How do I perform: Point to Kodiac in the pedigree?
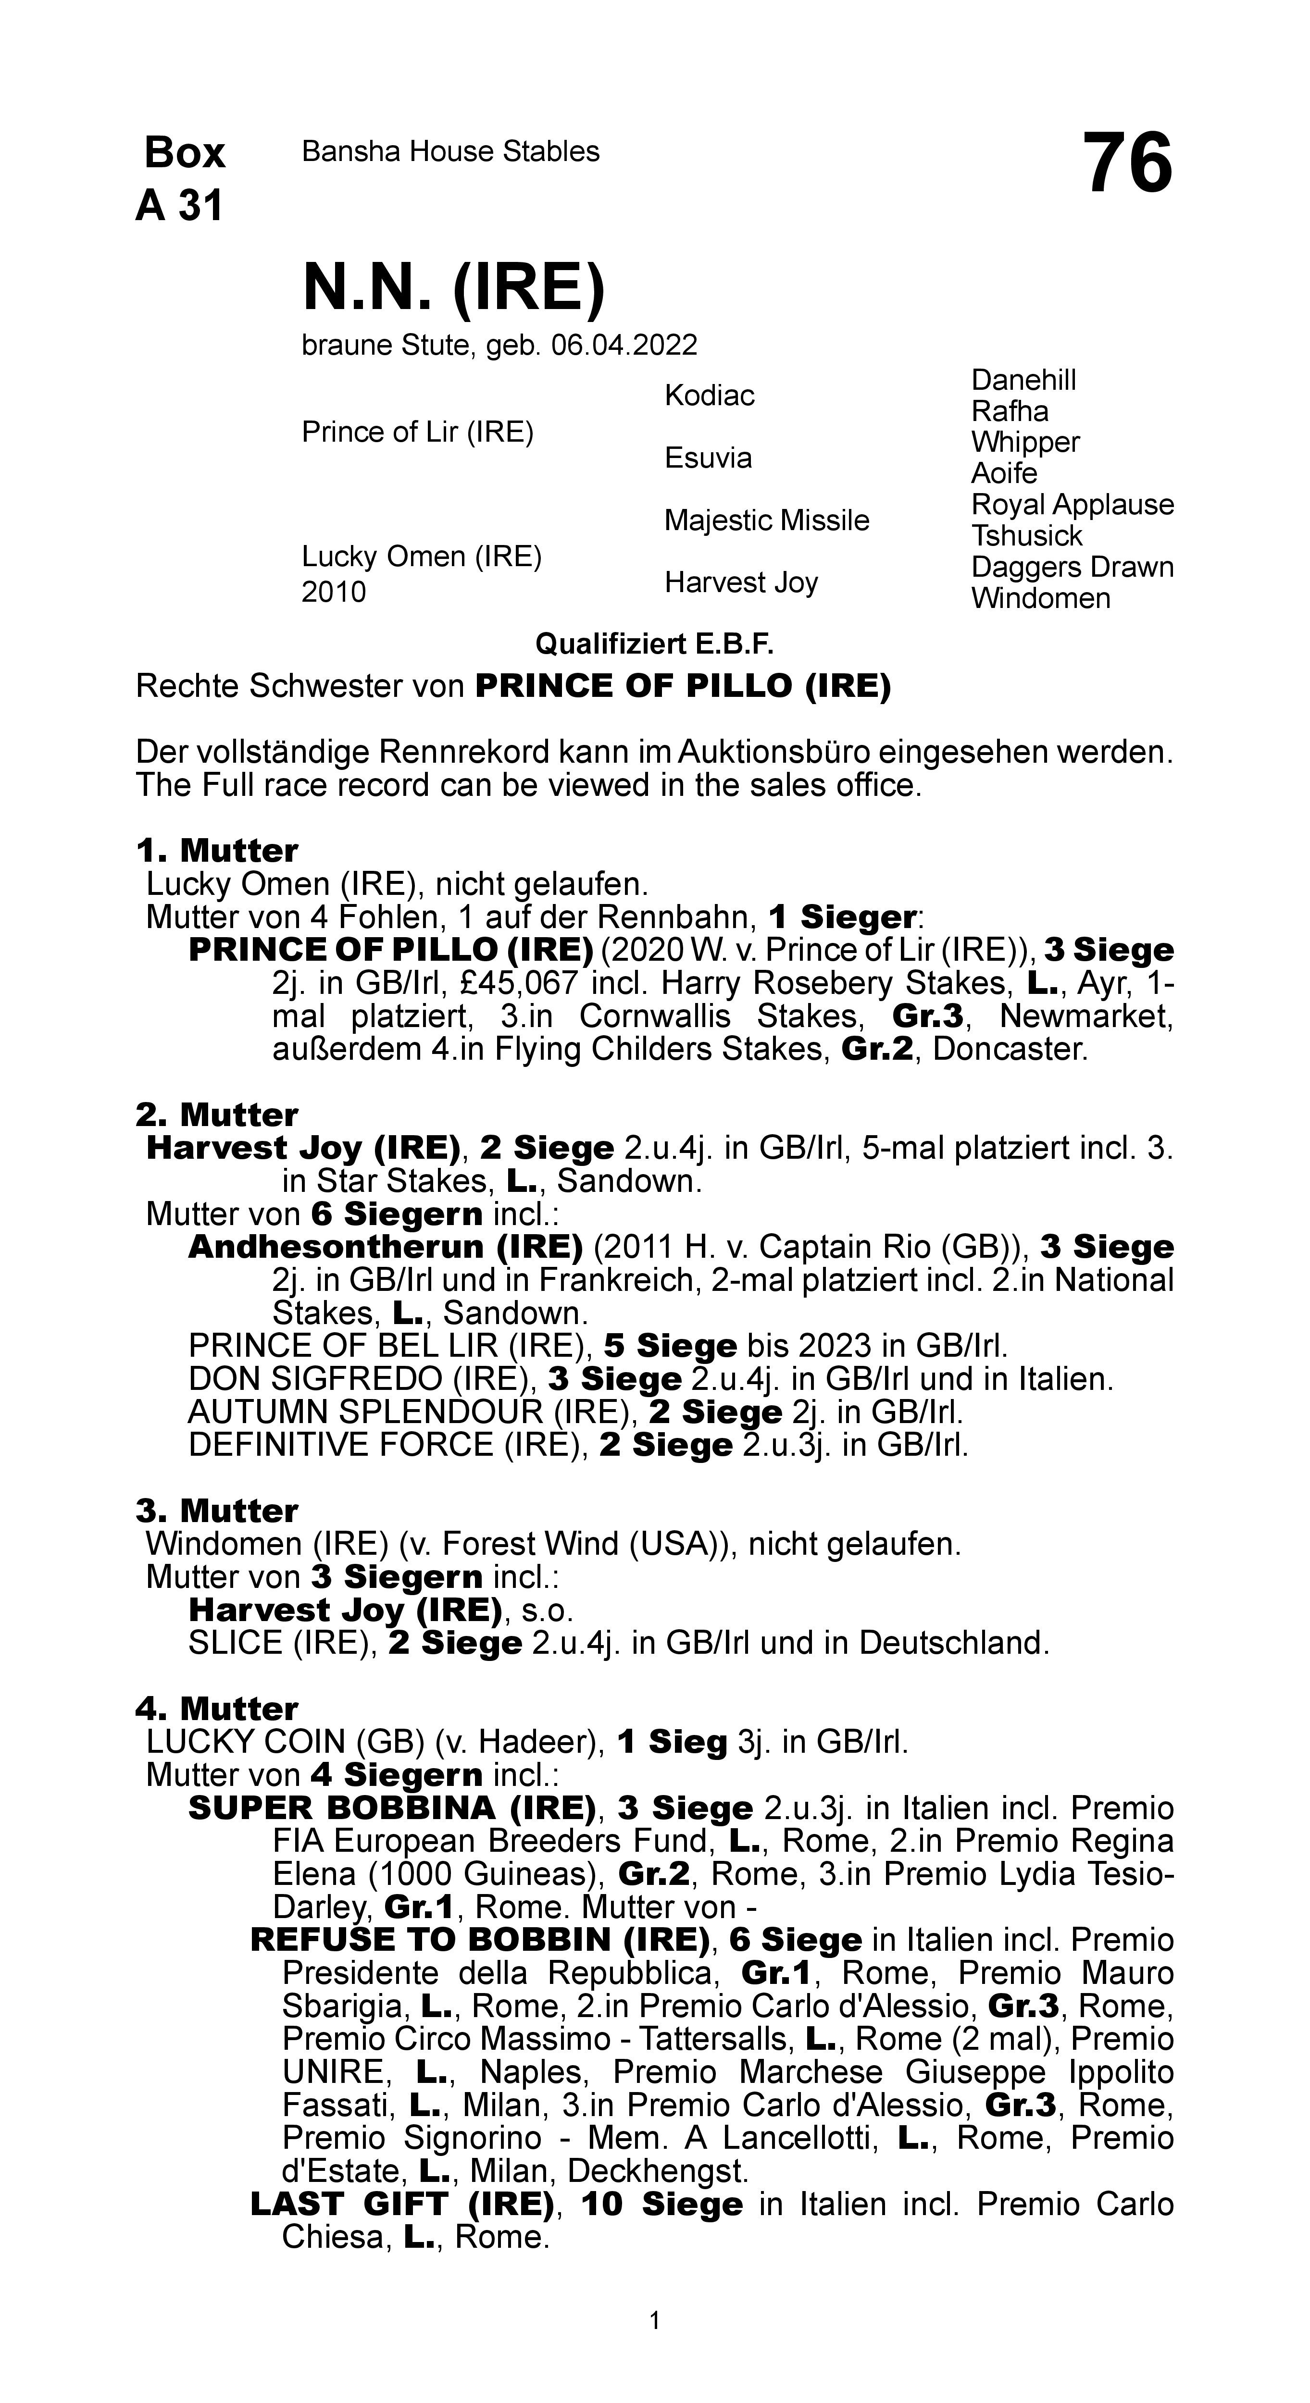coord(709,396)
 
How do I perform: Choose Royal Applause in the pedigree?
coord(1072,505)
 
